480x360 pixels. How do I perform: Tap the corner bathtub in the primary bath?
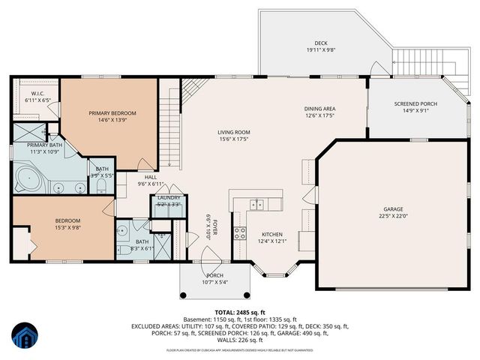click(27, 179)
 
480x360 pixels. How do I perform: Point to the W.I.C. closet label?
click(36, 93)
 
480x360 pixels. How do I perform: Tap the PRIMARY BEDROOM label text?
click(112, 113)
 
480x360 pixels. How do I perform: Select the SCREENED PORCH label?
click(415, 104)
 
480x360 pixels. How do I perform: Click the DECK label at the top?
click(321, 43)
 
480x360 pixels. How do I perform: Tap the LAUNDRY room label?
click(169, 197)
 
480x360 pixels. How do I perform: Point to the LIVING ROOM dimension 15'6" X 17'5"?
click(234, 139)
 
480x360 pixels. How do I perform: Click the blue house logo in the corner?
click(25, 336)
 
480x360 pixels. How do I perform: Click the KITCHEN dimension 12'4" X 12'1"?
click(272, 241)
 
